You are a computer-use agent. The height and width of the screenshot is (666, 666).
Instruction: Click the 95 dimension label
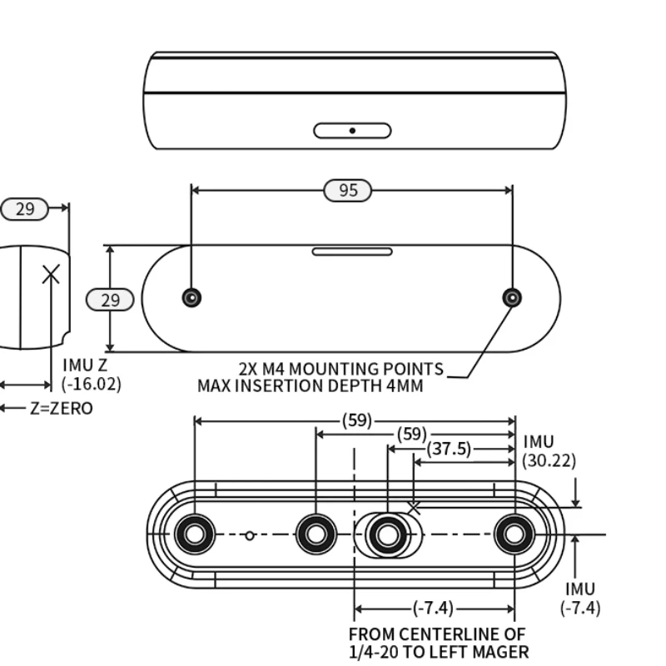click(347, 191)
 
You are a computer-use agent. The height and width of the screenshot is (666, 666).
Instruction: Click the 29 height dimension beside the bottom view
click(110, 300)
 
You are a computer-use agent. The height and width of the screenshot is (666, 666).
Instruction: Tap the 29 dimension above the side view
click(25, 209)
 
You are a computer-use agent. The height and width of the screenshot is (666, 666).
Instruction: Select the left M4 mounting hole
click(191, 298)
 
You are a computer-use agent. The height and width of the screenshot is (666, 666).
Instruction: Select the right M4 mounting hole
click(512, 298)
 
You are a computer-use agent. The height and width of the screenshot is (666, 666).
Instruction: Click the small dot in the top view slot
click(352, 131)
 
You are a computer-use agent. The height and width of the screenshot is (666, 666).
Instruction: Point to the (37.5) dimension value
click(449, 449)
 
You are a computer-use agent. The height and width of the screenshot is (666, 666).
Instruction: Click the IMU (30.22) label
click(549, 451)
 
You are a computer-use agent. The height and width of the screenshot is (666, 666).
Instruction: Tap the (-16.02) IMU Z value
click(92, 384)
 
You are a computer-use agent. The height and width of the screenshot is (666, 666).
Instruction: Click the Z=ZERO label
click(62, 408)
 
